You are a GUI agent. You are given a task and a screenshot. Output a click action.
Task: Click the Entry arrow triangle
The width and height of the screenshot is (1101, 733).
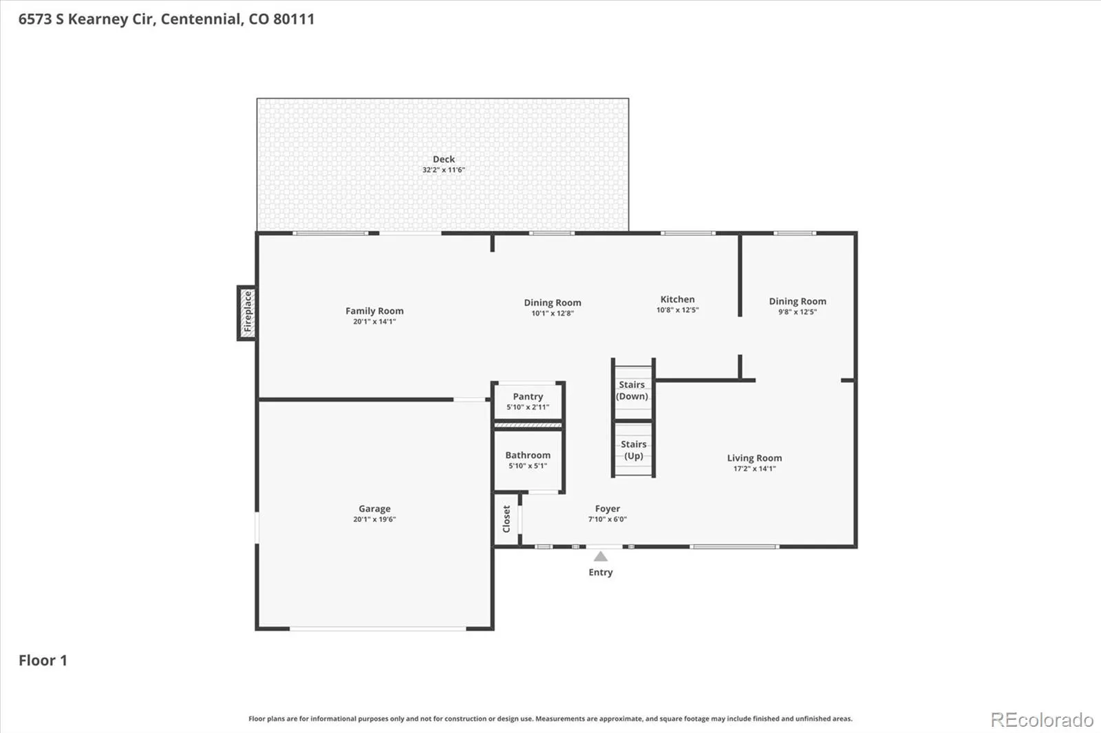(600, 556)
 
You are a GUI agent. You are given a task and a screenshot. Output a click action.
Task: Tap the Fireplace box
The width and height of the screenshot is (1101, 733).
(247, 313)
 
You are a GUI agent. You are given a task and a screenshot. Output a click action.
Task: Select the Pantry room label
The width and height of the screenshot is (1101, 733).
(528, 396)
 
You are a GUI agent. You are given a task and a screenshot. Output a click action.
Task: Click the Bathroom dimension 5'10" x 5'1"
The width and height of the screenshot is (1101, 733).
(528, 466)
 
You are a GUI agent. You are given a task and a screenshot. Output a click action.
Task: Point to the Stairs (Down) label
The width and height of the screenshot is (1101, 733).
(632, 390)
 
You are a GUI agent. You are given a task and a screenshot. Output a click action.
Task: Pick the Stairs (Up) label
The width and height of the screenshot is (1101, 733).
(634, 450)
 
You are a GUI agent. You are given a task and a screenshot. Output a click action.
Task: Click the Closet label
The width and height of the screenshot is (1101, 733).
(506, 518)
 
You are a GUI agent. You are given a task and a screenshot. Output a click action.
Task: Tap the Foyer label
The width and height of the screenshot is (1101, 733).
(608, 508)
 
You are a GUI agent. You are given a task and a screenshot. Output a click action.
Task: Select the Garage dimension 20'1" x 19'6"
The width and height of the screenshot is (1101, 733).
(374, 519)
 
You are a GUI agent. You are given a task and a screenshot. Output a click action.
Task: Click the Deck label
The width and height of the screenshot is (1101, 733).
(444, 159)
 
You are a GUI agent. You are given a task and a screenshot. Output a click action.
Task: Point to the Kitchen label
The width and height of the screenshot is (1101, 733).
(678, 299)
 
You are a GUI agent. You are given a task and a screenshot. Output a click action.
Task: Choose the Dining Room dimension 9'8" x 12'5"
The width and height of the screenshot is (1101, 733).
(798, 312)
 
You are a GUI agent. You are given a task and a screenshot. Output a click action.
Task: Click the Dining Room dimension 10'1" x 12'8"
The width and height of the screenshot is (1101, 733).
(553, 314)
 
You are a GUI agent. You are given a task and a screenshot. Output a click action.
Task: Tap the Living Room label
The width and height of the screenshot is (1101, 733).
(754, 458)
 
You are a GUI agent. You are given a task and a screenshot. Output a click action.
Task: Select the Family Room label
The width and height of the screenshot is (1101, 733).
(374, 311)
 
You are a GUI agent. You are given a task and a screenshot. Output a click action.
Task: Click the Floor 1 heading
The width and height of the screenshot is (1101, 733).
(43, 660)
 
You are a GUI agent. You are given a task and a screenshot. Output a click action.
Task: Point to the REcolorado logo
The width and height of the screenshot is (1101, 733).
(1042, 720)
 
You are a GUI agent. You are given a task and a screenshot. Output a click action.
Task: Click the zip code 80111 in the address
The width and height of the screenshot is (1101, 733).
(293, 19)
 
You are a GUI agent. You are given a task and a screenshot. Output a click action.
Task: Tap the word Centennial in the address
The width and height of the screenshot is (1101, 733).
(200, 19)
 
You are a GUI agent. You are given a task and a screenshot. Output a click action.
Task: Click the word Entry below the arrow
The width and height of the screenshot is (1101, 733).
(601, 572)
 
